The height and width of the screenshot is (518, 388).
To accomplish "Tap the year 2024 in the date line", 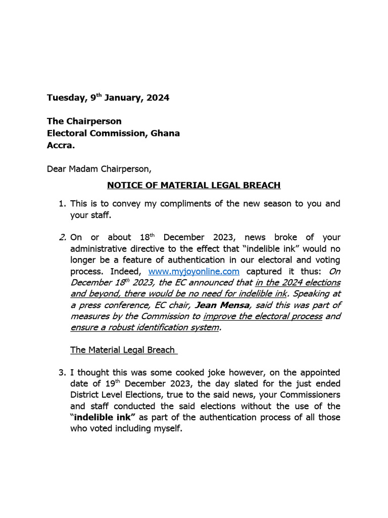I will pos(158,98).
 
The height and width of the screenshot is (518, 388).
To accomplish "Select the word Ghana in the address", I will pos(165,134).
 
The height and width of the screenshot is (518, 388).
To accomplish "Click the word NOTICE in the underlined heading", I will pos(124,185).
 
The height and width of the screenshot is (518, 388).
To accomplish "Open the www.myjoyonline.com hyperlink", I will pos(193,271).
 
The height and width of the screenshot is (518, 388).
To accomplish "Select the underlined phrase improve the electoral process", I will pos(262,316).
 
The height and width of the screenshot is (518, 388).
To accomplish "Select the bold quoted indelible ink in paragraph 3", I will pos(105,417).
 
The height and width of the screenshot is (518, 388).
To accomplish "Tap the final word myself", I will pos(165,429).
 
